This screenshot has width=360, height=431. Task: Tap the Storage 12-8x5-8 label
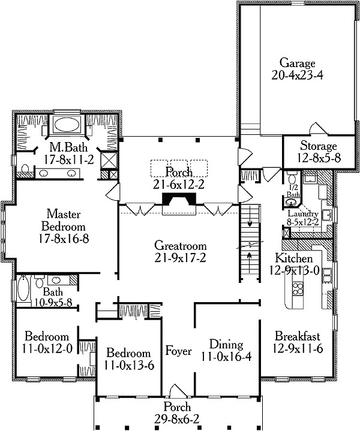(x=310, y=146)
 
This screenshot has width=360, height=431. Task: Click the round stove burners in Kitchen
(x=298, y=291)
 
